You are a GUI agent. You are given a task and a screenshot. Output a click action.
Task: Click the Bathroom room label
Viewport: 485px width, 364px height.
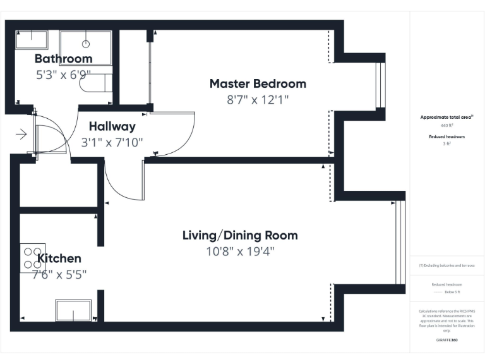click(63, 59)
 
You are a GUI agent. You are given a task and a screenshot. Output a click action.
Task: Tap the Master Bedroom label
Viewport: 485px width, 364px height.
click(258, 83)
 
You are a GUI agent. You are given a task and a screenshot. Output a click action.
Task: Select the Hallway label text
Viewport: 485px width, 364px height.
click(112, 126)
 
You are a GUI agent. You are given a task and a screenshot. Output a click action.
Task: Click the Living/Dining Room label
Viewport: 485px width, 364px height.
click(240, 236)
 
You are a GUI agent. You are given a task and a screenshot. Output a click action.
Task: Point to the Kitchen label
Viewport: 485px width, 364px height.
click(59, 258)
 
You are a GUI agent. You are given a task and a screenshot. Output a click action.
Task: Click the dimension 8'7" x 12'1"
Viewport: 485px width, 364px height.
click(258, 100)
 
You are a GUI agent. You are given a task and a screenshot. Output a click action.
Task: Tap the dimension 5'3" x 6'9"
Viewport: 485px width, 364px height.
click(63, 74)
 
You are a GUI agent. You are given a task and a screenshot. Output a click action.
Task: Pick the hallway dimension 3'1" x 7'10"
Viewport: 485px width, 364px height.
click(112, 142)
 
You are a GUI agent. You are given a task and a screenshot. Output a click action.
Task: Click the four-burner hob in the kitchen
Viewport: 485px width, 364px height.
click(32, 258)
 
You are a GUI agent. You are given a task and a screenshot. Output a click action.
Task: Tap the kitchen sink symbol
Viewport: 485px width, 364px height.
click(73, 310)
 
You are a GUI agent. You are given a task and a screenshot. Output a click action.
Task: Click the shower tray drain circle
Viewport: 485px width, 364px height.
click(86, 44)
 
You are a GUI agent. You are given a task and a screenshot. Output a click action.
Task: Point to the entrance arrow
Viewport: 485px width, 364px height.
click(21, 134)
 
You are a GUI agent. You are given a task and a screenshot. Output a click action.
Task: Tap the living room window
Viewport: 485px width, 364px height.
click(399, 243)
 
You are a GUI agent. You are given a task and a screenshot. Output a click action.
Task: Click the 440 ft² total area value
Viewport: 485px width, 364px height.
click(446, 126)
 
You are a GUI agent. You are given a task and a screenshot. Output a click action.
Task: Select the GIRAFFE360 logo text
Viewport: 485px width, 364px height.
click(446, 340)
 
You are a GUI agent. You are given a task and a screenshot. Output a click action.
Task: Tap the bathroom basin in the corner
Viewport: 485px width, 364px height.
click(32, 39)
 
